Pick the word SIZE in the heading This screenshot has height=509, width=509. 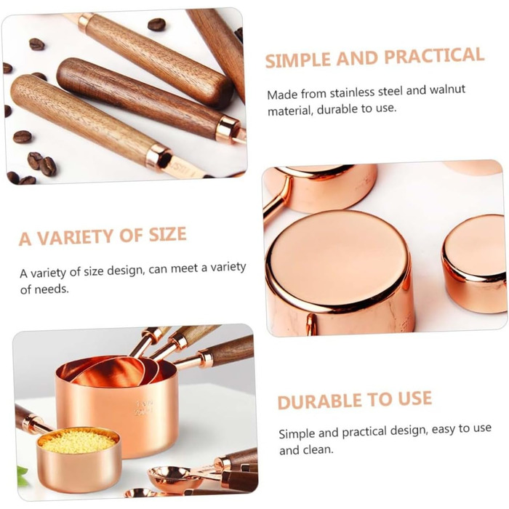[167, 234]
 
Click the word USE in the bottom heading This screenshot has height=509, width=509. [414, 398]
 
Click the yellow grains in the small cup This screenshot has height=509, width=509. [76, 441]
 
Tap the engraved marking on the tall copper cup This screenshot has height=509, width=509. [144, 409]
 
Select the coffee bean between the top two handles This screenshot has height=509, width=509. [157, 25]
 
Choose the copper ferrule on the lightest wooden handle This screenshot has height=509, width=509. [159, 158]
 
